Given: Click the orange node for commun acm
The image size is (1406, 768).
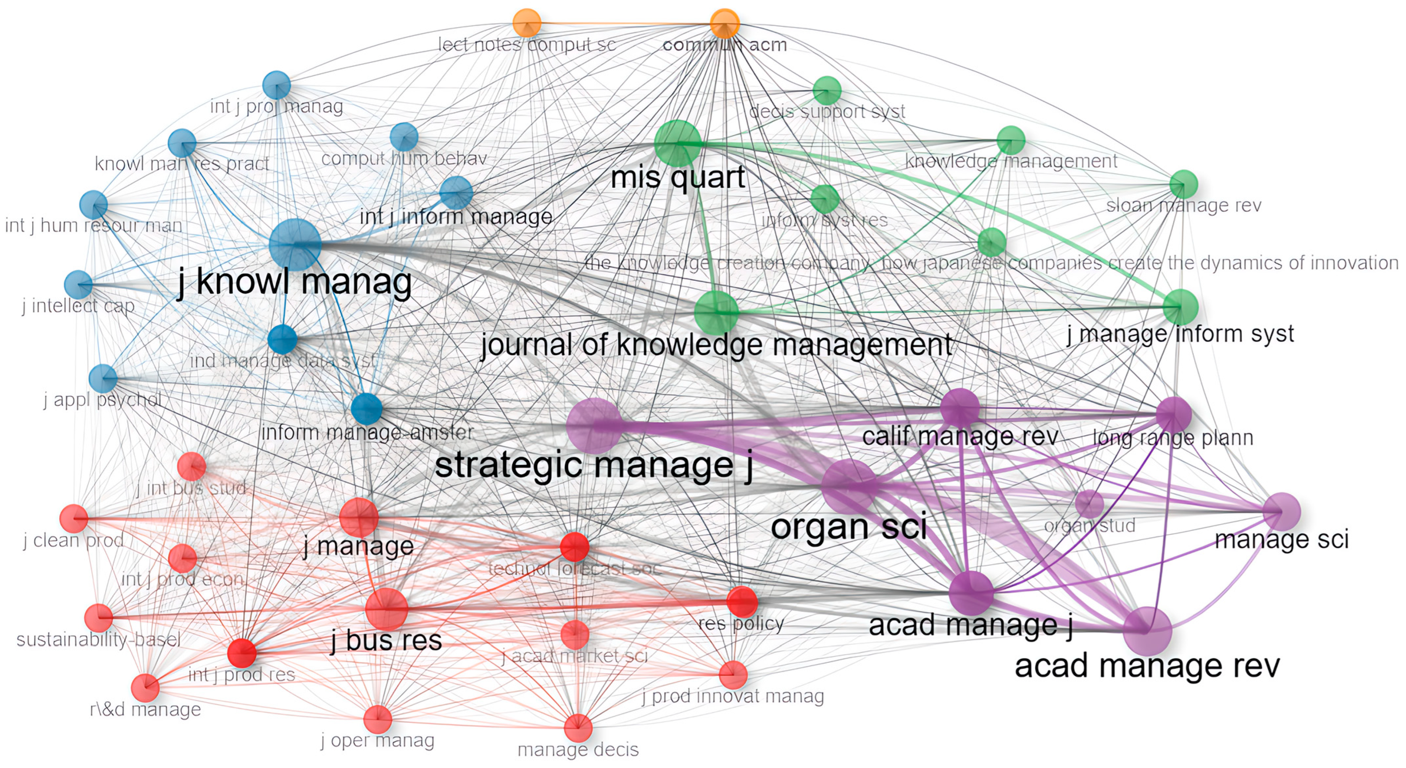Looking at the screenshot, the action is [724, 23].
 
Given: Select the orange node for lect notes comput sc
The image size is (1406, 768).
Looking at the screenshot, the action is [527, 23].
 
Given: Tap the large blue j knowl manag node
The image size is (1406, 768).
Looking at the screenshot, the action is [295, 245].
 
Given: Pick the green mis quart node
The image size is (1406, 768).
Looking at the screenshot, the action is [677, 143].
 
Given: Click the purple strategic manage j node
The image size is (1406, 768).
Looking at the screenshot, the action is [594, 425].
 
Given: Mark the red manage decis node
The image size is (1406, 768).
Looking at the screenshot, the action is [578, 727].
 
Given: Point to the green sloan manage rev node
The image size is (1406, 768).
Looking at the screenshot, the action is [1183, 185].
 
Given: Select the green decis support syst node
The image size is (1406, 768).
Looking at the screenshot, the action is [827, 90].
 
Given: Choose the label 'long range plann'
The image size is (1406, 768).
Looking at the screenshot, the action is [1172, 438].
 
